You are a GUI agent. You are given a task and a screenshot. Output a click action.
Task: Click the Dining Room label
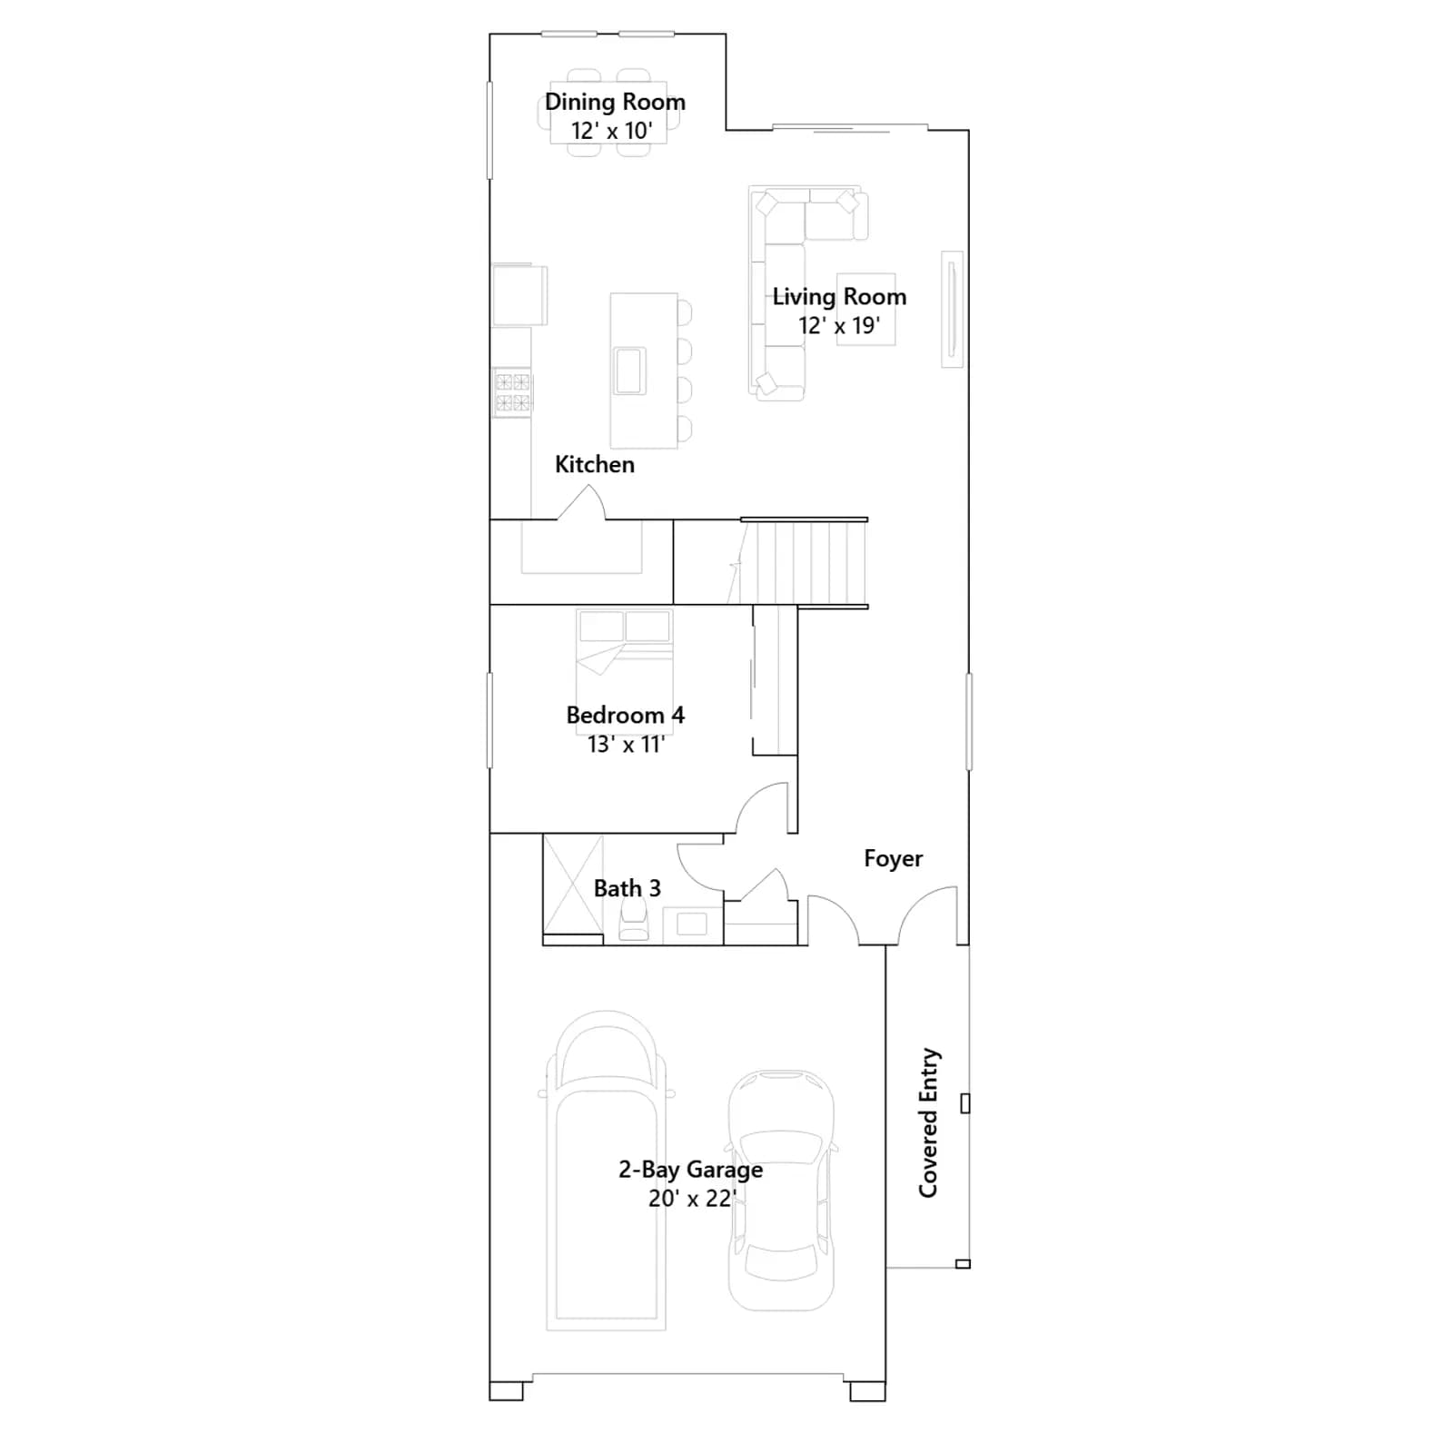[x=615, y=102]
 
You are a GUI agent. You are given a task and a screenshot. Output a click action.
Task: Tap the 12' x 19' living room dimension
[x=839, y=325]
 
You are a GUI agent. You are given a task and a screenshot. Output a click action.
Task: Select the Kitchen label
[x=595, y=464]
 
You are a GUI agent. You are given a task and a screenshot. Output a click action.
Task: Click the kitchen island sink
[x=629, y=371]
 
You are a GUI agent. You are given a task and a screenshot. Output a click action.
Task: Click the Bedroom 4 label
[x=625, y=715]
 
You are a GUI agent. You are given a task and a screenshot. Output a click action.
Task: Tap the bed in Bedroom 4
[x=625, y=658]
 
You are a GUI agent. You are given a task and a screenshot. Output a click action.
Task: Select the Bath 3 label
[x=627, y=888]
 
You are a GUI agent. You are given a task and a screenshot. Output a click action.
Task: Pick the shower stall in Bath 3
[x=573, y=885]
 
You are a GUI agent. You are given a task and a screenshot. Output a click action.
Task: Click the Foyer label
[x=893, y=858]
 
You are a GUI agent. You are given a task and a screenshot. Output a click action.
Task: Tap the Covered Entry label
[x=928, y=1123]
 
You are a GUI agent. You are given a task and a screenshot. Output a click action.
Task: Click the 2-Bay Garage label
[x=690, y=1169]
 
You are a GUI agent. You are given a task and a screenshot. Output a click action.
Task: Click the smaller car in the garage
[x=781, y=1190]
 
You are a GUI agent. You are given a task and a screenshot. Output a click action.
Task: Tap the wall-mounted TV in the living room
[x=952, y=309]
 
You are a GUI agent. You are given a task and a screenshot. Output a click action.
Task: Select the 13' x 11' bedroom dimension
[x=626, y=745]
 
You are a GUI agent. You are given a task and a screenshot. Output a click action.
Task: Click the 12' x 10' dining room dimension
[x=611, y=131]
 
